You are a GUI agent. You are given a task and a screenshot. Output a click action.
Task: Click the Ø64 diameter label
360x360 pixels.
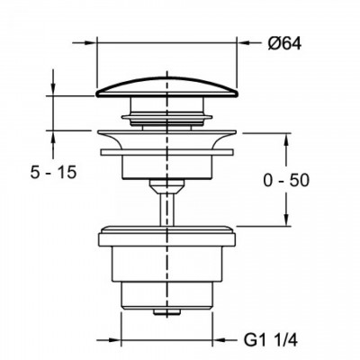tap(283, 44)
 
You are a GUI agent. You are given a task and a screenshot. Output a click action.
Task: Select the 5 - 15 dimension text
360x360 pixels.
tap(54, 173)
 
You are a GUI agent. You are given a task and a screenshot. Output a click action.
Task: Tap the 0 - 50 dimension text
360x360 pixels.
tap(286, 181)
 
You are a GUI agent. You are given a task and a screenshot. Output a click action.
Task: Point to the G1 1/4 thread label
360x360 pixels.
tap(270, 341)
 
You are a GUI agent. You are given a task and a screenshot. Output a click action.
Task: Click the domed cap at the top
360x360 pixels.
tap(166, 88)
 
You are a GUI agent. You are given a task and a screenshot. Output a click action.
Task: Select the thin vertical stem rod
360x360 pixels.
tap(166, 210)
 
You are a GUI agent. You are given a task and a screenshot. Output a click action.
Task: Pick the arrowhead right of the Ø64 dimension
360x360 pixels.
tap(242, 43)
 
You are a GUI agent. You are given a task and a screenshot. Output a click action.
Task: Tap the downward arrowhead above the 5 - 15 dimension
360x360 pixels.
tap(53, 90)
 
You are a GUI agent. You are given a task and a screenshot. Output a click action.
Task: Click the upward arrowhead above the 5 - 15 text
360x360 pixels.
tap(53, 136)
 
